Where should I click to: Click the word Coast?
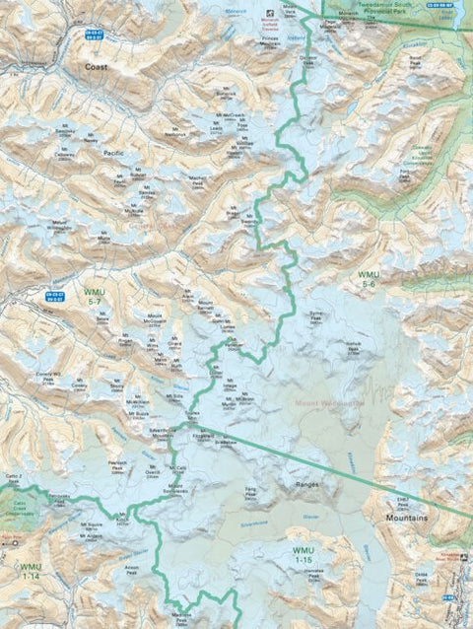96,67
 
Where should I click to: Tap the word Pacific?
114,155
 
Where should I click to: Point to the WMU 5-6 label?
368,278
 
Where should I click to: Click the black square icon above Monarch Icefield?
273,17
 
